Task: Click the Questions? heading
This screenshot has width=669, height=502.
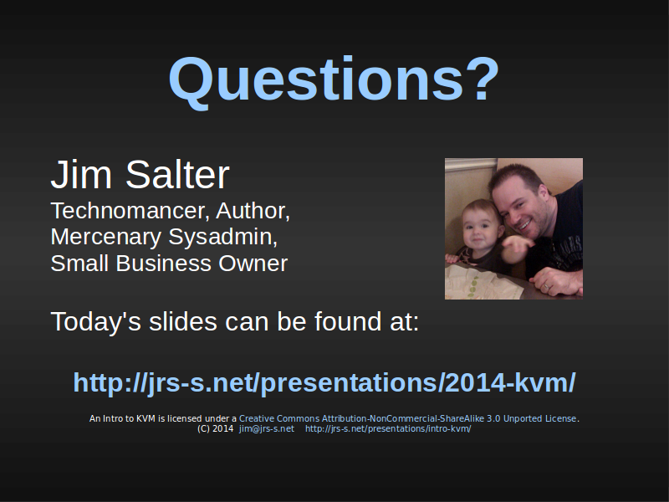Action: (334, 81)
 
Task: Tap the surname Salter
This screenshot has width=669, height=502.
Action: (177, 174)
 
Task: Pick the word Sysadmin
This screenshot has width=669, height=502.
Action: (223, 238)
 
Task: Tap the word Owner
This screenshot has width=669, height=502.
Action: (253, 264)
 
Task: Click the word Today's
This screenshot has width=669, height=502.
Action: (95, 321)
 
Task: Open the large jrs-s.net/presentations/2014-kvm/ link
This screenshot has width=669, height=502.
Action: (324, 382)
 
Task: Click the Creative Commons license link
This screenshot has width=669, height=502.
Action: (407, 418)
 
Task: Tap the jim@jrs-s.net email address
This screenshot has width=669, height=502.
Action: (267, 428)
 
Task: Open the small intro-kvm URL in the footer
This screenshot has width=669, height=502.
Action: (388, 428)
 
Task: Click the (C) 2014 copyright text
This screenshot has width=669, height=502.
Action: (216, 428)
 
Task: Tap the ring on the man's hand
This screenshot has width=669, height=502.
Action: (548, 286)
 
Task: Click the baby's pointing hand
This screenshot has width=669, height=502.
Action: (517, 247)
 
